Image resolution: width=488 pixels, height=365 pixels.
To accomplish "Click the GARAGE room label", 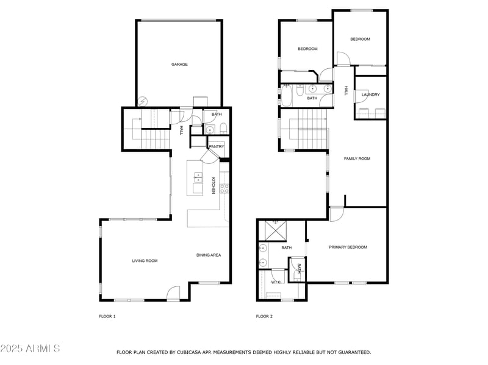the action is [x=179, y=65].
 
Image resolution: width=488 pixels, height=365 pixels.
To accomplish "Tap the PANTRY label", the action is [x=217, y=146].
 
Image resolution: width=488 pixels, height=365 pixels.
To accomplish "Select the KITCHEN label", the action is [x=213, y=186].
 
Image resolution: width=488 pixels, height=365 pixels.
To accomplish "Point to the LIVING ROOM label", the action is [x=145, y=261].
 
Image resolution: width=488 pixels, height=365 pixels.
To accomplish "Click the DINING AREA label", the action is [x=209, y=255].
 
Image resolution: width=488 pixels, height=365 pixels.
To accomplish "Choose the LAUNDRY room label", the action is [x=371, y=94].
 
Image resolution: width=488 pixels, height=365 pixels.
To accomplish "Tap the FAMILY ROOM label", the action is [x=357, y=158].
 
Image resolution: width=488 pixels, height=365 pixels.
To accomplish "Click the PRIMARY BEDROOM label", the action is [x=348, y=247].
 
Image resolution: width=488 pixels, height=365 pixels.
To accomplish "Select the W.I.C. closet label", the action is [x=276, y=282].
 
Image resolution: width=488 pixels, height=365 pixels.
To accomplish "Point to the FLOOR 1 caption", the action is [x=107, y=316].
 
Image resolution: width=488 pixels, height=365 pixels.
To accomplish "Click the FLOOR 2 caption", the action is [x=264, y=316].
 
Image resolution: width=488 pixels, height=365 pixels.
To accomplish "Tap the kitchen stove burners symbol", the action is [x=224, y=189].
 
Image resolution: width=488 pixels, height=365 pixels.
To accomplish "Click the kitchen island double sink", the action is [x=198, y=177].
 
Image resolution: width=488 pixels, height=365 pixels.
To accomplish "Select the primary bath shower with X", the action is [x=276, y=231].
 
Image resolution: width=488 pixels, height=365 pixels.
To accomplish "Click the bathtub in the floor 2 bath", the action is [x=286, y=96].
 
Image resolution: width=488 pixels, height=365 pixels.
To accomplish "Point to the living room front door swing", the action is [x=173, y=293].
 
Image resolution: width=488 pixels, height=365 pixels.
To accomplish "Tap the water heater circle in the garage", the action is [x=143, y=101].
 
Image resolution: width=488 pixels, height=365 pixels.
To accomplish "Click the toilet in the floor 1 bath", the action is [x=223, y=129].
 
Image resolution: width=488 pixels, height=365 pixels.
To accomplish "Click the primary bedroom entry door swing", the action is [x=337, y=214].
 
